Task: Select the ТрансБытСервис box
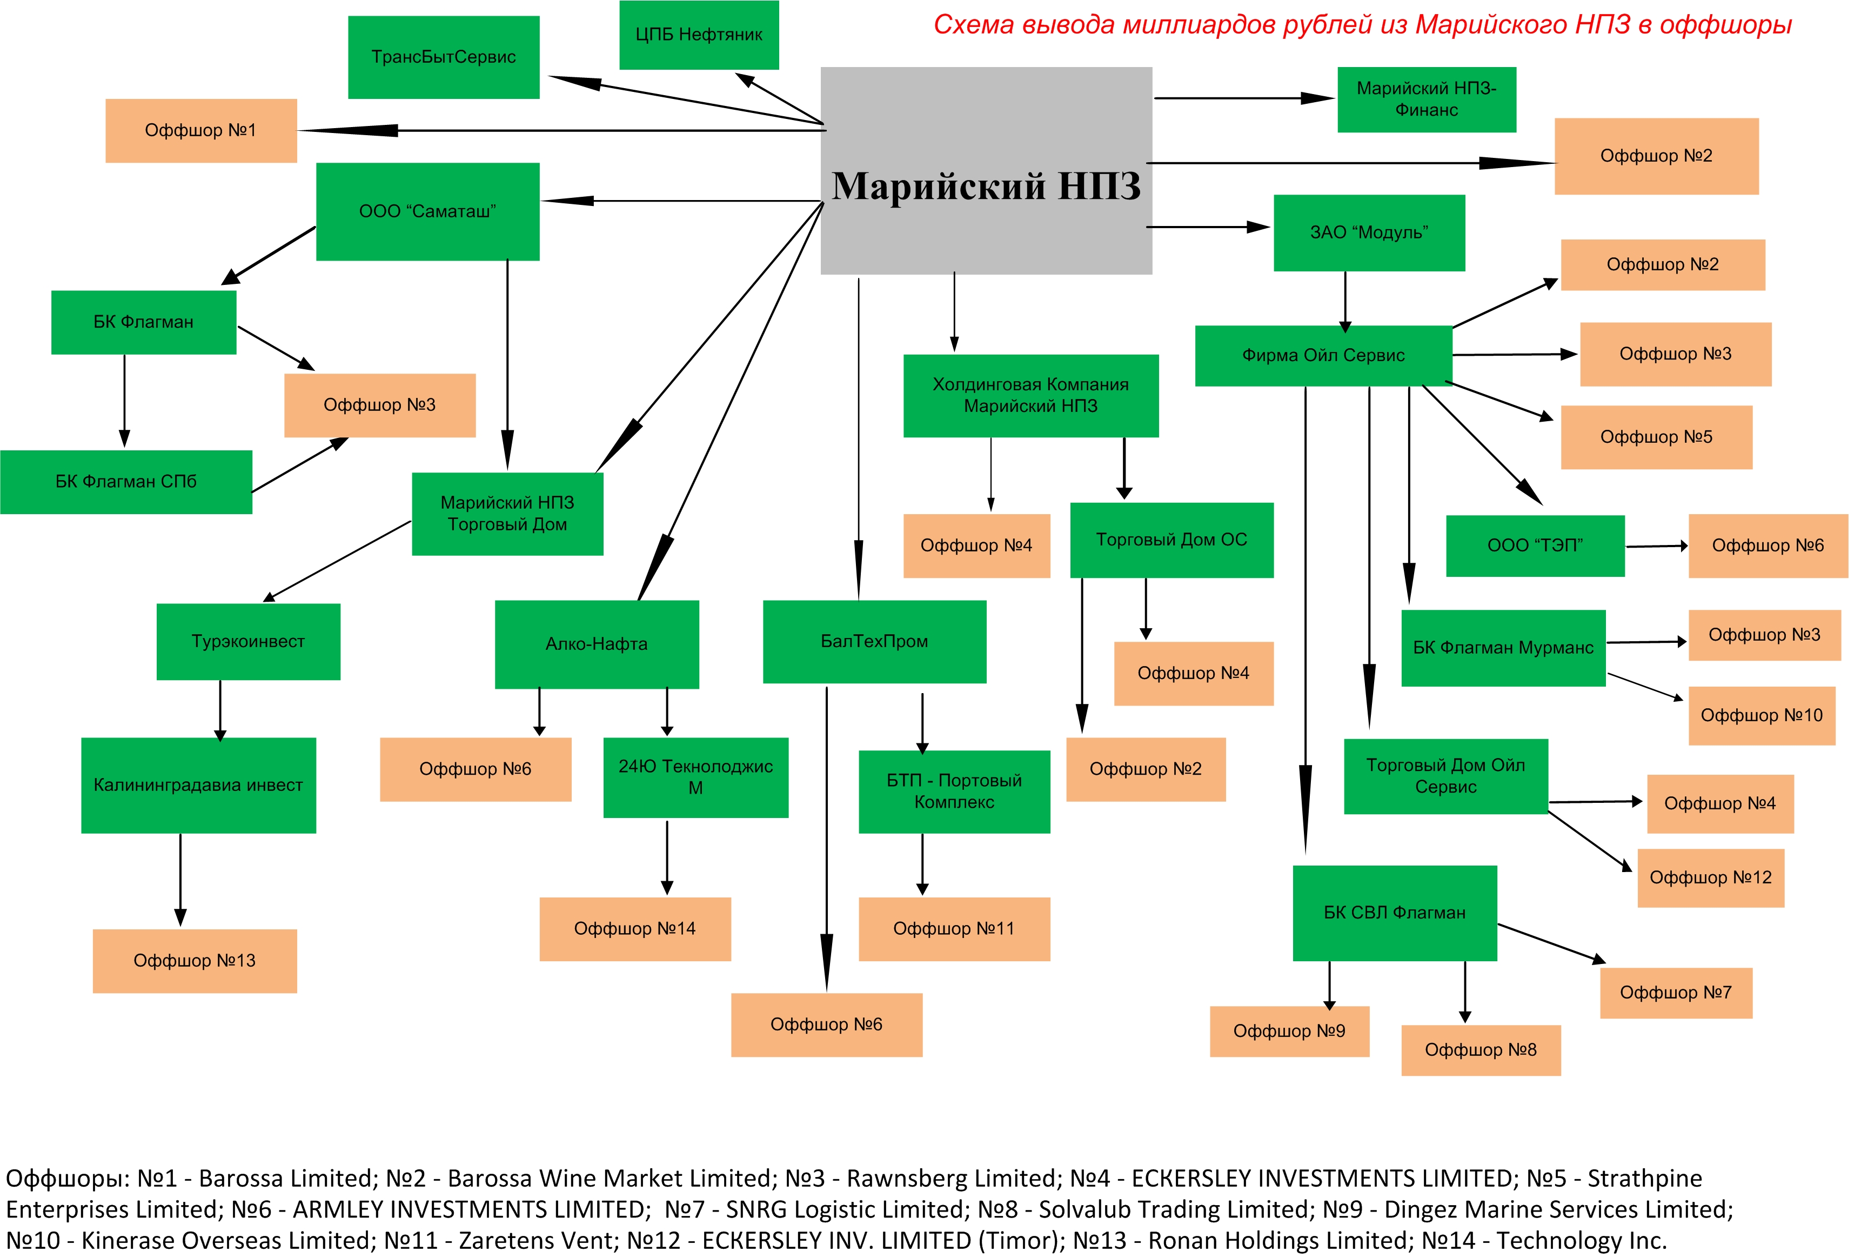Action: point(444,57)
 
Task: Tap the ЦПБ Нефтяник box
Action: point(698,35)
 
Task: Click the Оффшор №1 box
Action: point(201,131)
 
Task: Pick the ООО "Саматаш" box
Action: point(427,211)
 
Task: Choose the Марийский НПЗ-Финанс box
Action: point(1426,99)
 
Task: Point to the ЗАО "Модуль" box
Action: point(1369,232)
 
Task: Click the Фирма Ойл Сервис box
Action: point(1323,356)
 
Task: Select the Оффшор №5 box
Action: point(1656,437)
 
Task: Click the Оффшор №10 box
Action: point(1762,715)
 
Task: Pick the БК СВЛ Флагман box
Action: point(1394,913)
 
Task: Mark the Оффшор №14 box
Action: point(635,928)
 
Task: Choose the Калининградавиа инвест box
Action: point(199,785)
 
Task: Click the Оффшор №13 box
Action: point(195,961)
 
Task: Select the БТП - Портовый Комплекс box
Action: point(954,792)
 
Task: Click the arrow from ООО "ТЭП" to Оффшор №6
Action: point(1656,547)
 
